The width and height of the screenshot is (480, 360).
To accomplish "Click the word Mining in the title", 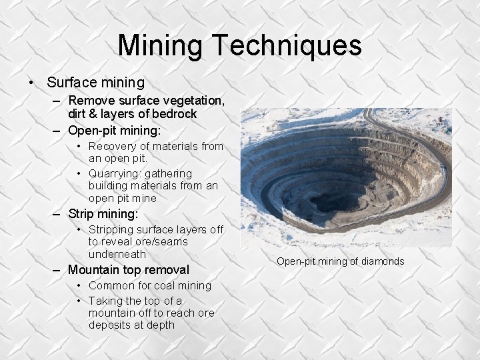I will coord(161,45).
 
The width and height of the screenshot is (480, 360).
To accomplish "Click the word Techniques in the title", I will coord(287,45).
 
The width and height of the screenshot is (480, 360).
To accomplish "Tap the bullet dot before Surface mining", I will coord(31,83).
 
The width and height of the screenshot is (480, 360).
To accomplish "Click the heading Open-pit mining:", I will coord(114,130).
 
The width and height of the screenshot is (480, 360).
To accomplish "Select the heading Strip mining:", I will coord(103,214).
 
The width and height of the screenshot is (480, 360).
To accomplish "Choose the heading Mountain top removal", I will coord(129,270).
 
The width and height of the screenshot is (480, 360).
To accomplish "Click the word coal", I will coord(169,285).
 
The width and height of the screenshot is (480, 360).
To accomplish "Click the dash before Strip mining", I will coord(58,214).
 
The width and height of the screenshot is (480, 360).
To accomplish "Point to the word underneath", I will coord(118,255).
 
